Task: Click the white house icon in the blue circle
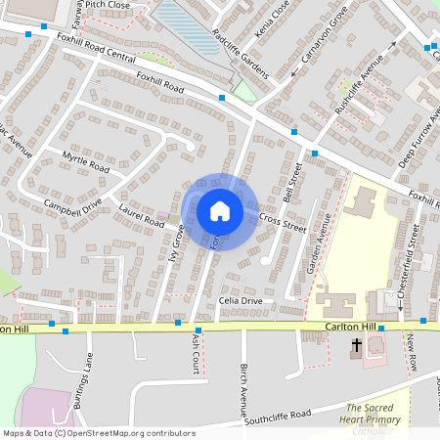pyautogui.click(x=220, y=211)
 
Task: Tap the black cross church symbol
pyautogui.click(x=357, y=345)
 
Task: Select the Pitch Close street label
pyautogui.click(x=108, y=5)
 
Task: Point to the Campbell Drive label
pyautogui.click(x=72, y=206)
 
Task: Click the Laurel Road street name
pyautogui.click(x=141, y=215)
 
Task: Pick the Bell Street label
pyautogui.click(x=289, y=184)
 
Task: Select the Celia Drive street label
pyautogui.click(x=241, y=300)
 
